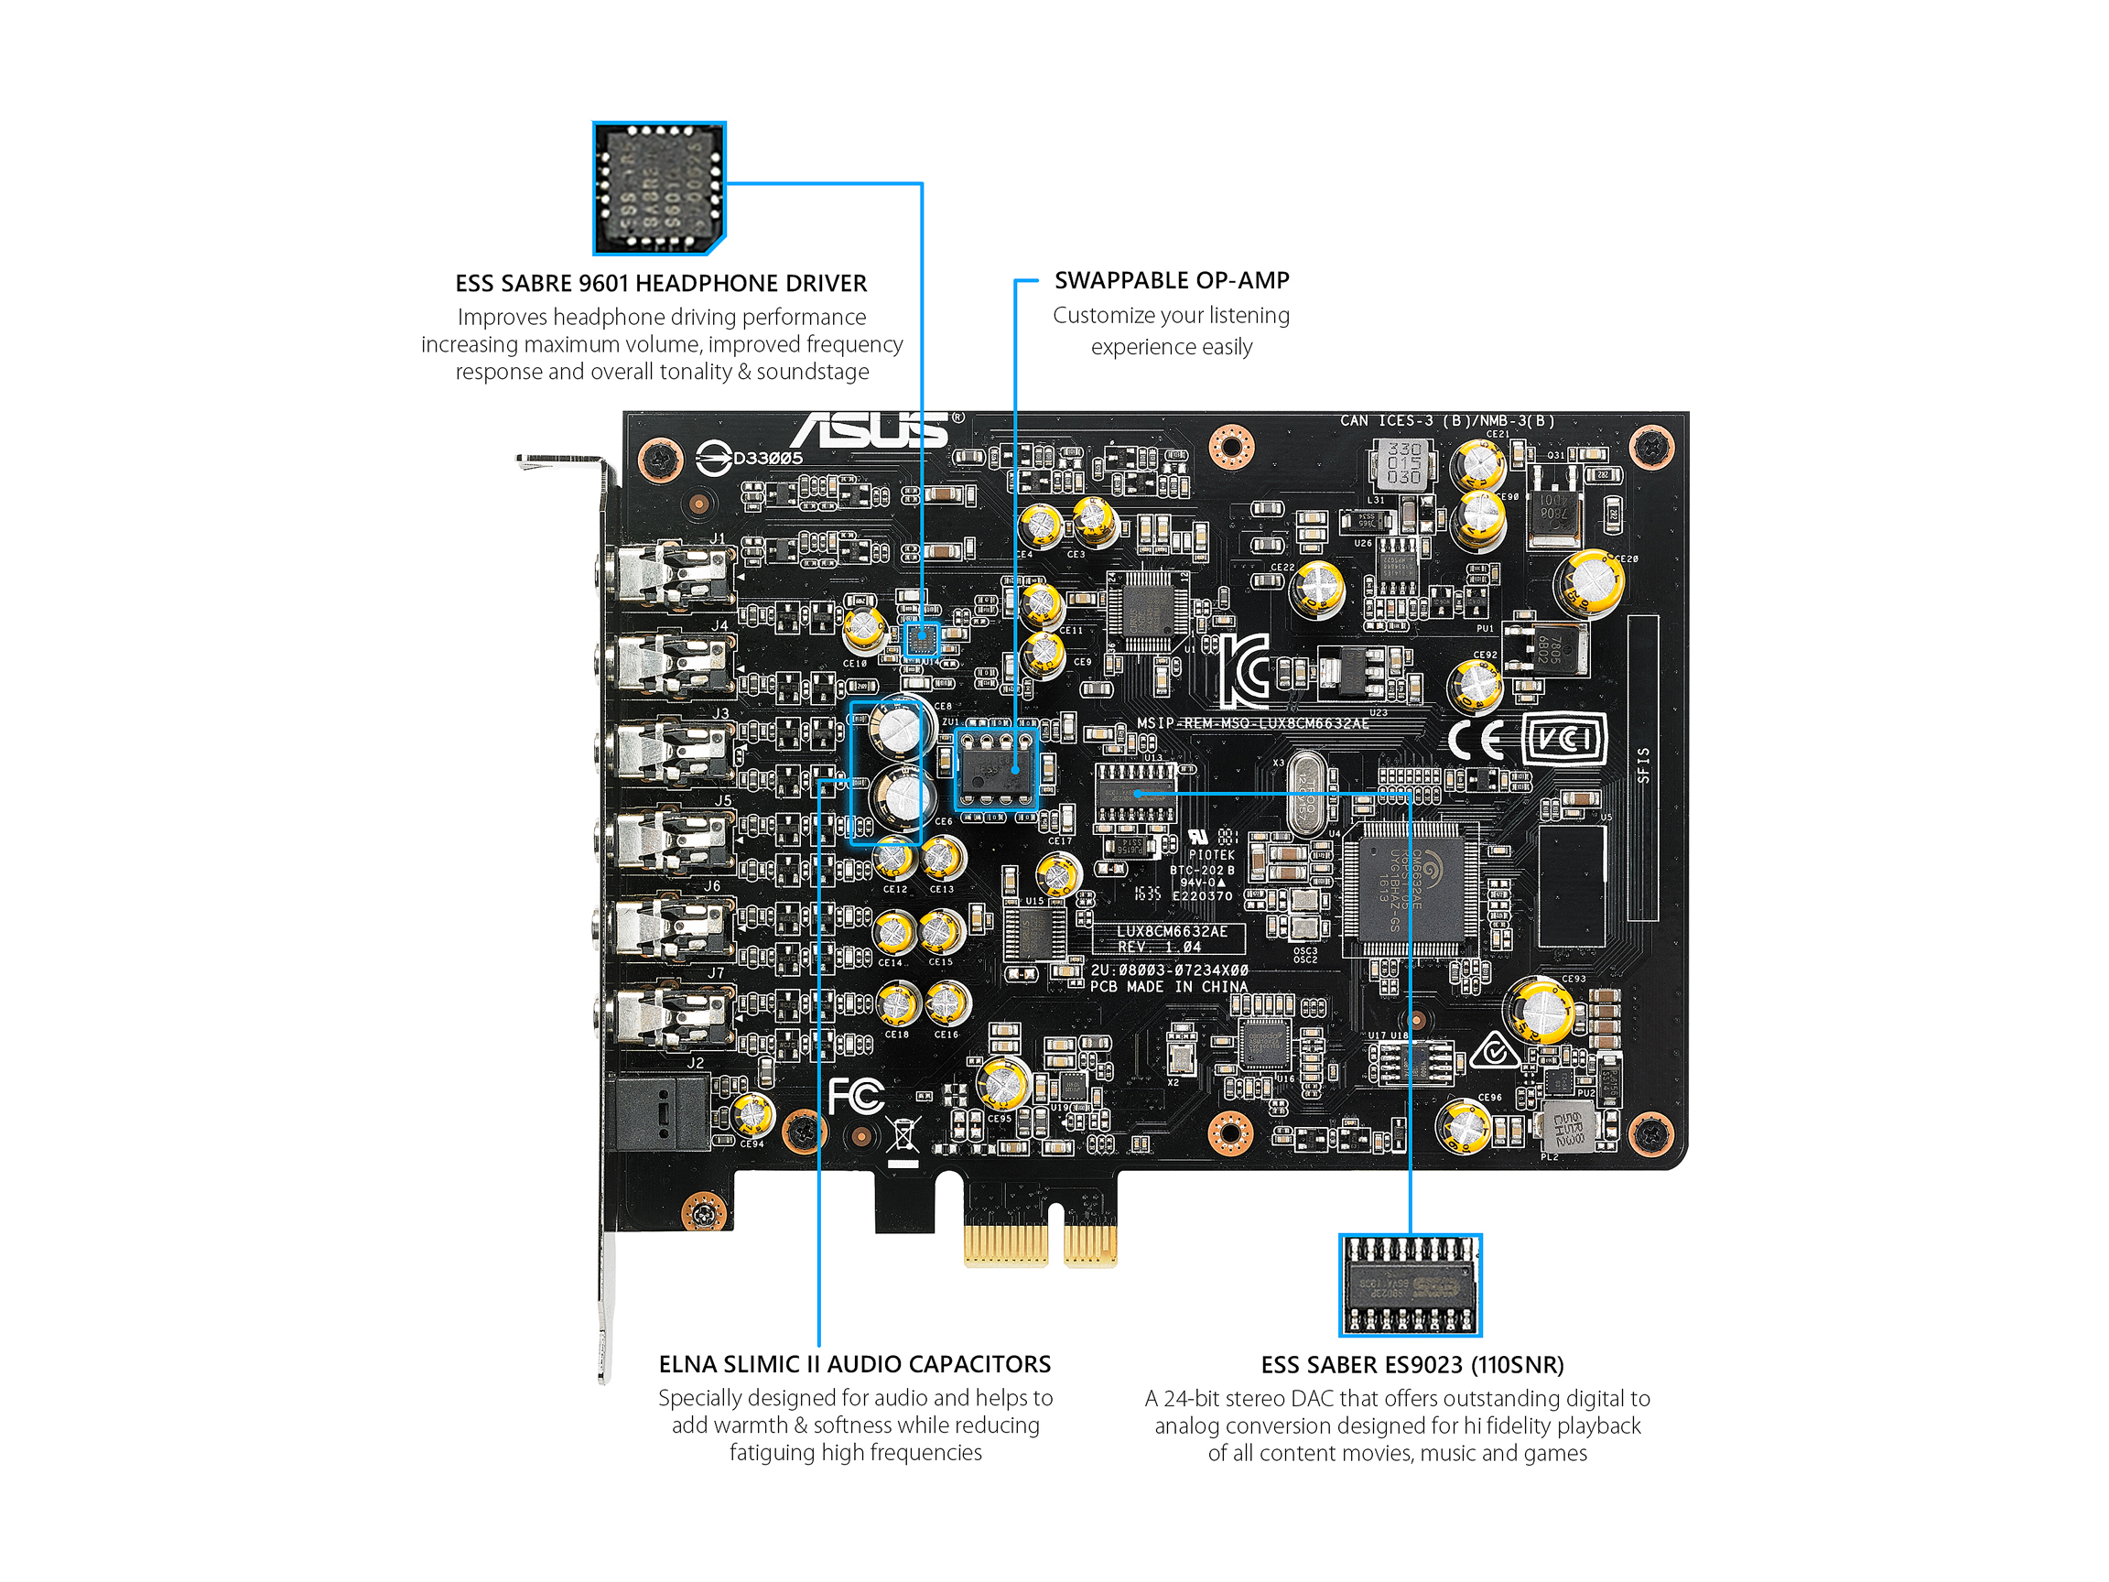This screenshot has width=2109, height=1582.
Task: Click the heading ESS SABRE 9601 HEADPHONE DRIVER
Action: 661,283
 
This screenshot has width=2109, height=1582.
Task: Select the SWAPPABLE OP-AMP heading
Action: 1171,280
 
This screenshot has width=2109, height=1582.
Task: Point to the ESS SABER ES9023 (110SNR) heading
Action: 1411,1365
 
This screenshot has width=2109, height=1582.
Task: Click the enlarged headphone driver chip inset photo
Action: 659,188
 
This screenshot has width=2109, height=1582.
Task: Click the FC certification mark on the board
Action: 855,1097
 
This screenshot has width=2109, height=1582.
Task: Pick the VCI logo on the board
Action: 1563,738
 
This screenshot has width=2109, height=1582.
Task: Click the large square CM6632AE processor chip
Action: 1411,889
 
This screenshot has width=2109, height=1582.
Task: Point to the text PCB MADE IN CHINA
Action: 1168,986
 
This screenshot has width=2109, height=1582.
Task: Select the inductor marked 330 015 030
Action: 1402,462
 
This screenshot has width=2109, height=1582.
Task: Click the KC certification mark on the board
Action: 1244,670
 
